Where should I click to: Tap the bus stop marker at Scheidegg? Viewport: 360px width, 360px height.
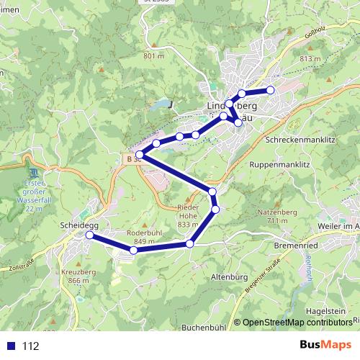[89, 235]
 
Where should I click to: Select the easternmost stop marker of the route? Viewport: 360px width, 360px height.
[271, 90]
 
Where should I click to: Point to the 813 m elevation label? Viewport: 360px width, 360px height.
[308, 58]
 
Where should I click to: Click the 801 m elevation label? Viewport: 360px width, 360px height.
[154, 56]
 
